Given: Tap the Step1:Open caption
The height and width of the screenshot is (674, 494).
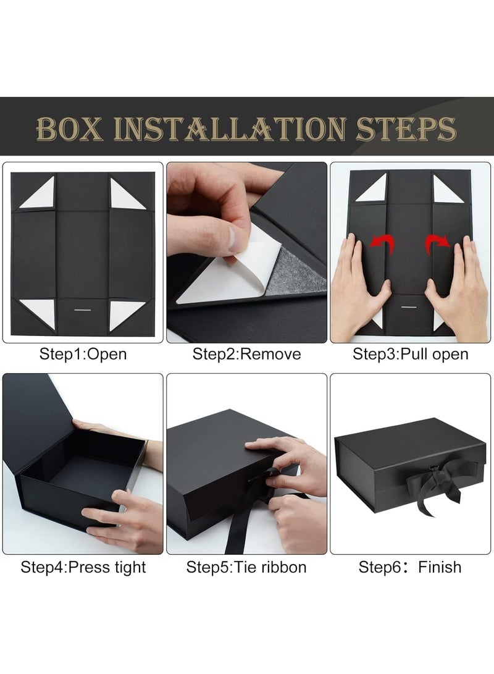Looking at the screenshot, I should tap(83, 354).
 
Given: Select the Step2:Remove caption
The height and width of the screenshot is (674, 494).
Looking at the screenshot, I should tap(247, 354).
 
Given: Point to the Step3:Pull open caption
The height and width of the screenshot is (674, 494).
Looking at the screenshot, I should tap(410, 354).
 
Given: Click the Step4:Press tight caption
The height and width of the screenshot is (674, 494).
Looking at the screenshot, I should tap(83, 567).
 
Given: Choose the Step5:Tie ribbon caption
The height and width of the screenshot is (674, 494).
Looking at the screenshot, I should tap(246, 567).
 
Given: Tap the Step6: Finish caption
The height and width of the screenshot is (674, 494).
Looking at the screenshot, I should tap(410, 567).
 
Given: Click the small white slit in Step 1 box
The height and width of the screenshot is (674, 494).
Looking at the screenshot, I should tap(82, 306).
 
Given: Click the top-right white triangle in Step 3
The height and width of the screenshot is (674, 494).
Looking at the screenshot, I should tap(448, 188).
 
